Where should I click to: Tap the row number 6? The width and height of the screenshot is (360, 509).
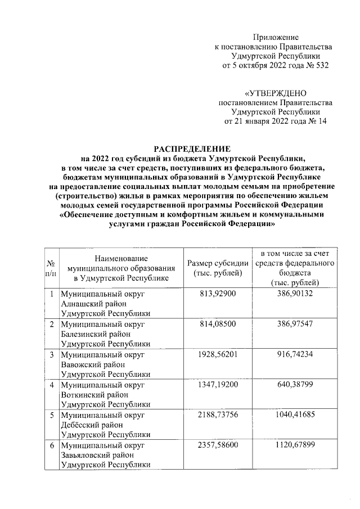pyautogui.click(x=51, y=446)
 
